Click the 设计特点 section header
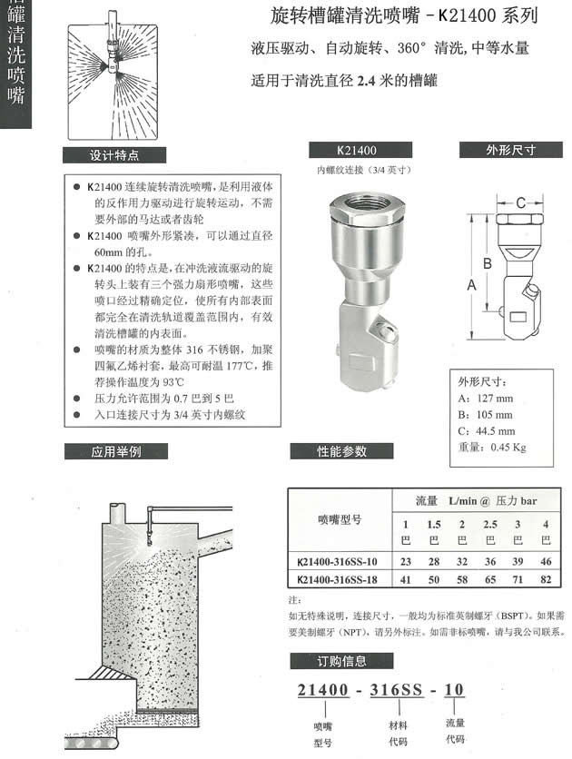coord(114,154)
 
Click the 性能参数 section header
coord(341,451)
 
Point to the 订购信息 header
coord(341,661)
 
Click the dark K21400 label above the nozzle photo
coord(356,151)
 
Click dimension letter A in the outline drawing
coord(471,284)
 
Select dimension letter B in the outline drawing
coord(488,262)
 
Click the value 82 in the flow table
coord(546,577)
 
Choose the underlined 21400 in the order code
coord(323,691)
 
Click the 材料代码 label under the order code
coord(398,733)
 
